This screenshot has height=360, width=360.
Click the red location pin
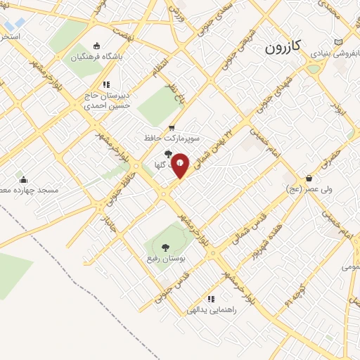tap(181, 165)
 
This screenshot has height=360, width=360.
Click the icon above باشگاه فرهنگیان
tap(97, 45)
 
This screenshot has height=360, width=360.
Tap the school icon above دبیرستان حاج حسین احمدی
tap(106, 84)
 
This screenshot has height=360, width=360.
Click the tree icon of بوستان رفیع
tap(165, 247)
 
